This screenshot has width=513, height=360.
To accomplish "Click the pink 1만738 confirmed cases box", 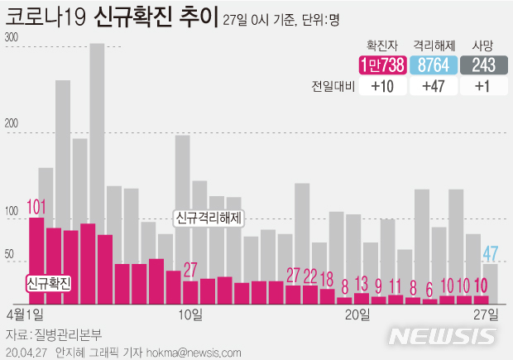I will (382, 66).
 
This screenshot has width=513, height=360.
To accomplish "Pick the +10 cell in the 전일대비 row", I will (382, 87).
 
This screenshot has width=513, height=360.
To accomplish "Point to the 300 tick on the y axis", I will (12, 38).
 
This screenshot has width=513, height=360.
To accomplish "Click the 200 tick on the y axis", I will (12, 125).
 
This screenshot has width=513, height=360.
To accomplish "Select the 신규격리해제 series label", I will (208, 218).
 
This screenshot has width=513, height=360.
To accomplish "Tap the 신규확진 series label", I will (49, 283).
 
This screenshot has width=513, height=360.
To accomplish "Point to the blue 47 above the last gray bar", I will (490, 252).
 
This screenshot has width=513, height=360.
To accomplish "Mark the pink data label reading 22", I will (310, 276).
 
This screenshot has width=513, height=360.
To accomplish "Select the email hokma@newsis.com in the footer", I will (183, 353).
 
